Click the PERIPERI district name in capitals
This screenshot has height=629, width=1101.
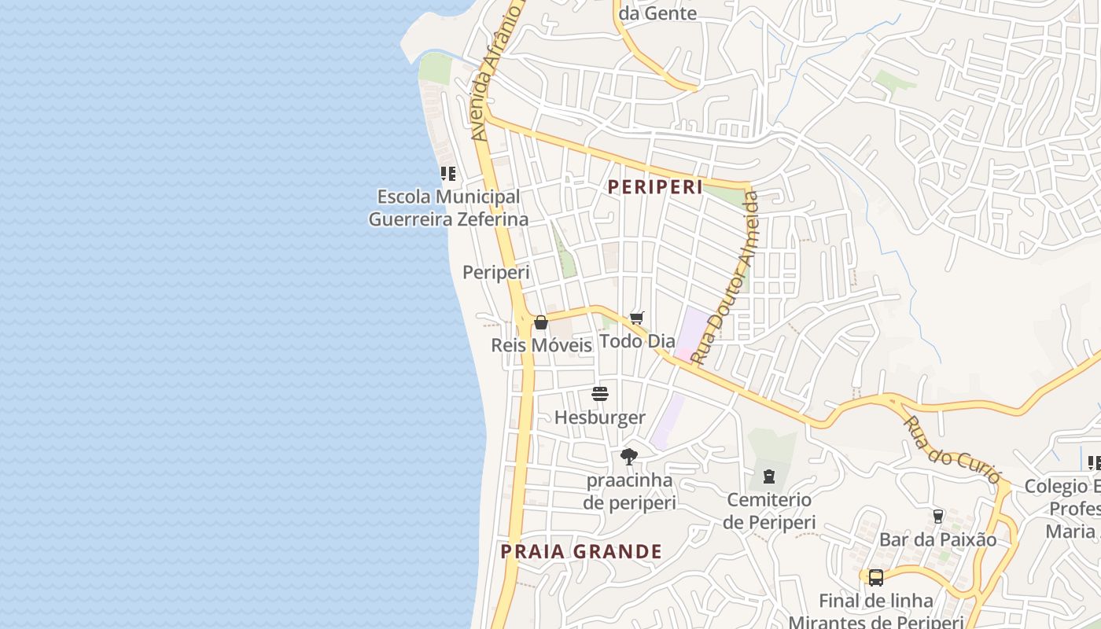click(x=655, y=187)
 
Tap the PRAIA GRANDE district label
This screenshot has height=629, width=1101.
click(x=581, y=552)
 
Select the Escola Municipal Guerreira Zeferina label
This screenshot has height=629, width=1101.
click(x=448, y=208)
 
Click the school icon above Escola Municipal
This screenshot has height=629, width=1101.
click(x=448, y=174)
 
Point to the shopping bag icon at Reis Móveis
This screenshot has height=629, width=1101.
click(x=541, y=322)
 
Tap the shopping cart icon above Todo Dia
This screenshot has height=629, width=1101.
click(x=637, y=318)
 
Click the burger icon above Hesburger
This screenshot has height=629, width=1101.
click(x=600, y=394)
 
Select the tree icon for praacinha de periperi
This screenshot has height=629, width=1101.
click(x=628, y=456)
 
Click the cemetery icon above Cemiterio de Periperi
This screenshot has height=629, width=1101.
click(x=768, y=476)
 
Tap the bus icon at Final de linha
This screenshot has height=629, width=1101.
click(x=875, y=578)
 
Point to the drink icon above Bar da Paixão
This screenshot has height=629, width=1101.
click(x=937, y=517)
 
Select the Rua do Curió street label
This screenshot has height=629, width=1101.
click(x=952, y=450)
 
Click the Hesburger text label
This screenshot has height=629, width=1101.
click(x=600, y=417)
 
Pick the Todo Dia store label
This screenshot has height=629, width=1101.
click(x=637, y=341)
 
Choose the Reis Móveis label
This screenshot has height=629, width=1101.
click(x=541, y=345)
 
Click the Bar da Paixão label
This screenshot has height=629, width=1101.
click(x=937, y=540)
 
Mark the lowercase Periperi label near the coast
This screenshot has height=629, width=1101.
click(x=495, y=273)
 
